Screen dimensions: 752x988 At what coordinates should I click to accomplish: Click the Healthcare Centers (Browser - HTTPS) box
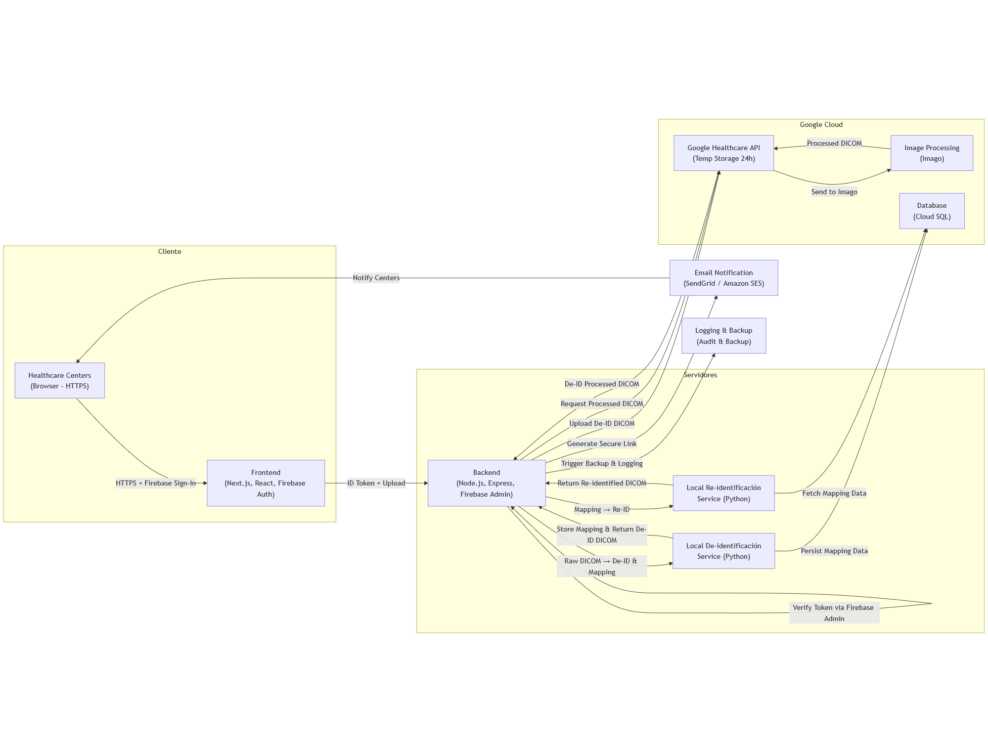(60, 380)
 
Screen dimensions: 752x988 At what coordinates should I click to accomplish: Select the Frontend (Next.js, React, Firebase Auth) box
(265, 483)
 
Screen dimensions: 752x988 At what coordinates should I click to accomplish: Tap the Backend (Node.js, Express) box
(486, 483)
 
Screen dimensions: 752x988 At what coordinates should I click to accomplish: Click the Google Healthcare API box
(724, 153)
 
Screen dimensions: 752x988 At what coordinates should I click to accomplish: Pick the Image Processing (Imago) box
(931, 153)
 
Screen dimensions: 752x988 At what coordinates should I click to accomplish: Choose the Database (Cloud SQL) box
(931, 211)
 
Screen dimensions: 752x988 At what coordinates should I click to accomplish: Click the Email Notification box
(724, 278)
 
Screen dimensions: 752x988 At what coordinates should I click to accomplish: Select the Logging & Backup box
(724, 336)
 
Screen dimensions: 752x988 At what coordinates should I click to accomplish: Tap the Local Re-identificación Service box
(724, 493)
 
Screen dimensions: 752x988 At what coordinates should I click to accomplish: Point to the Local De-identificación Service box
(724, 551)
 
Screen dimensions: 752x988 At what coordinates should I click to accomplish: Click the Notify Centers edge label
(376, 278)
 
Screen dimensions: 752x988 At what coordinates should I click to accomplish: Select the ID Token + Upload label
(376, 483)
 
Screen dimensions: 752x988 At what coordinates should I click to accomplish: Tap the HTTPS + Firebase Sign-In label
(156, 483)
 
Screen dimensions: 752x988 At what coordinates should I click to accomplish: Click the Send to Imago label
(834, 192)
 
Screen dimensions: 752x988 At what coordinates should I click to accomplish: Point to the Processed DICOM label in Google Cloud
(834, 143)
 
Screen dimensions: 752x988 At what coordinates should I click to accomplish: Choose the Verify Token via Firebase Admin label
(834, 613)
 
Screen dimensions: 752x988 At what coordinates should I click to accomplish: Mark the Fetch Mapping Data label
(834, 493)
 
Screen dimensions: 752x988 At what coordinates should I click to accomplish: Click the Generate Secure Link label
(602, 444)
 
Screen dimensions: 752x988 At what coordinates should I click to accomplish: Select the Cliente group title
(169, 251)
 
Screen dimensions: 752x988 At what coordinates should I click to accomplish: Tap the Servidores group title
(700, 375)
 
